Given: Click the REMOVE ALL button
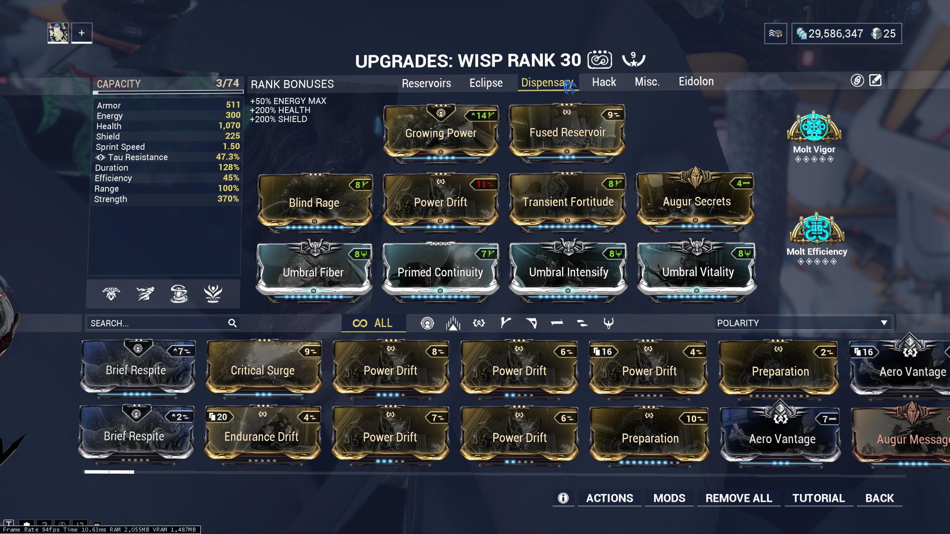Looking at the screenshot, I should coord(738,498).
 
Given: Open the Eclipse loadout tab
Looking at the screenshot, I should coord(486,83).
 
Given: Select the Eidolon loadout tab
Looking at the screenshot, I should coord(696,82).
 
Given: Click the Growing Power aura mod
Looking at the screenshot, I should coord(440,133).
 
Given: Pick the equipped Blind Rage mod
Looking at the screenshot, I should coord(314,202).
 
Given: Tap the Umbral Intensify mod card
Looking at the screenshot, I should coord(568,272).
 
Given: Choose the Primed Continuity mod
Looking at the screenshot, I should coord(440,272).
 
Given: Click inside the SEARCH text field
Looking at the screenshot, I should coord(156,323).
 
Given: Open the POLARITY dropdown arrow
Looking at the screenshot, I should coord(884,323).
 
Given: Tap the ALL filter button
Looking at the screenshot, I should coord(373,323).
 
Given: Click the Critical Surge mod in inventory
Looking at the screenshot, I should coord(263,370).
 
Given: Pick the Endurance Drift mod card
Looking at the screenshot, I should coord(262,437).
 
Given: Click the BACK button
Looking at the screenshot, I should coord(879,498).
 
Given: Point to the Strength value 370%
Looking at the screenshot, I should coord(228,199).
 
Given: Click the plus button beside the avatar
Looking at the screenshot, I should coord(82,33).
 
